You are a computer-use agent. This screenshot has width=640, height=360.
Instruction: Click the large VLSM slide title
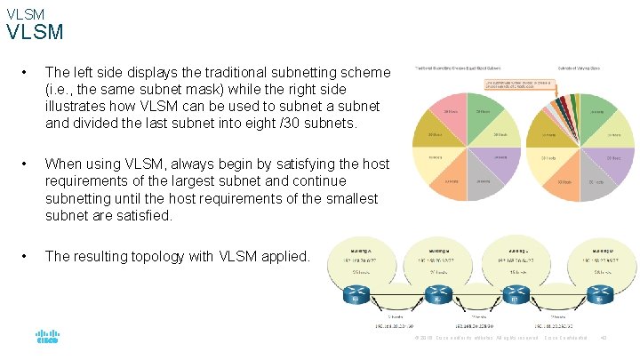click(x=36, y=33)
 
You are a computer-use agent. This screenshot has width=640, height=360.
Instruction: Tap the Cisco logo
click(x=47, y=338)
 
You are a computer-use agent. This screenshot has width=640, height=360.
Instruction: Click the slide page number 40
click(x=604, y=338)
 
